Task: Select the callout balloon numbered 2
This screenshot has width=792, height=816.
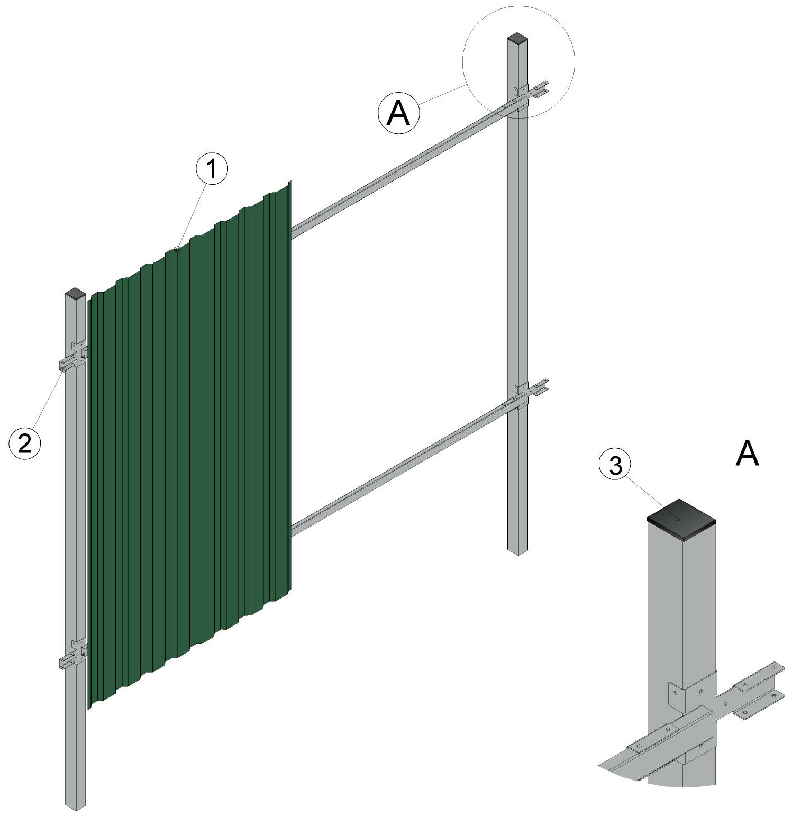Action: tap(25, 443)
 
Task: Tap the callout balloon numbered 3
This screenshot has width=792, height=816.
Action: tap(615, 466)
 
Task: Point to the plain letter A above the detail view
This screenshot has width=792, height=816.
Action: tap(747, 454)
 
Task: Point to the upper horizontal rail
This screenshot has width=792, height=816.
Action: tap(407, 167)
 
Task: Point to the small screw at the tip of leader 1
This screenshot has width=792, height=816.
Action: tap(177, 247)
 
